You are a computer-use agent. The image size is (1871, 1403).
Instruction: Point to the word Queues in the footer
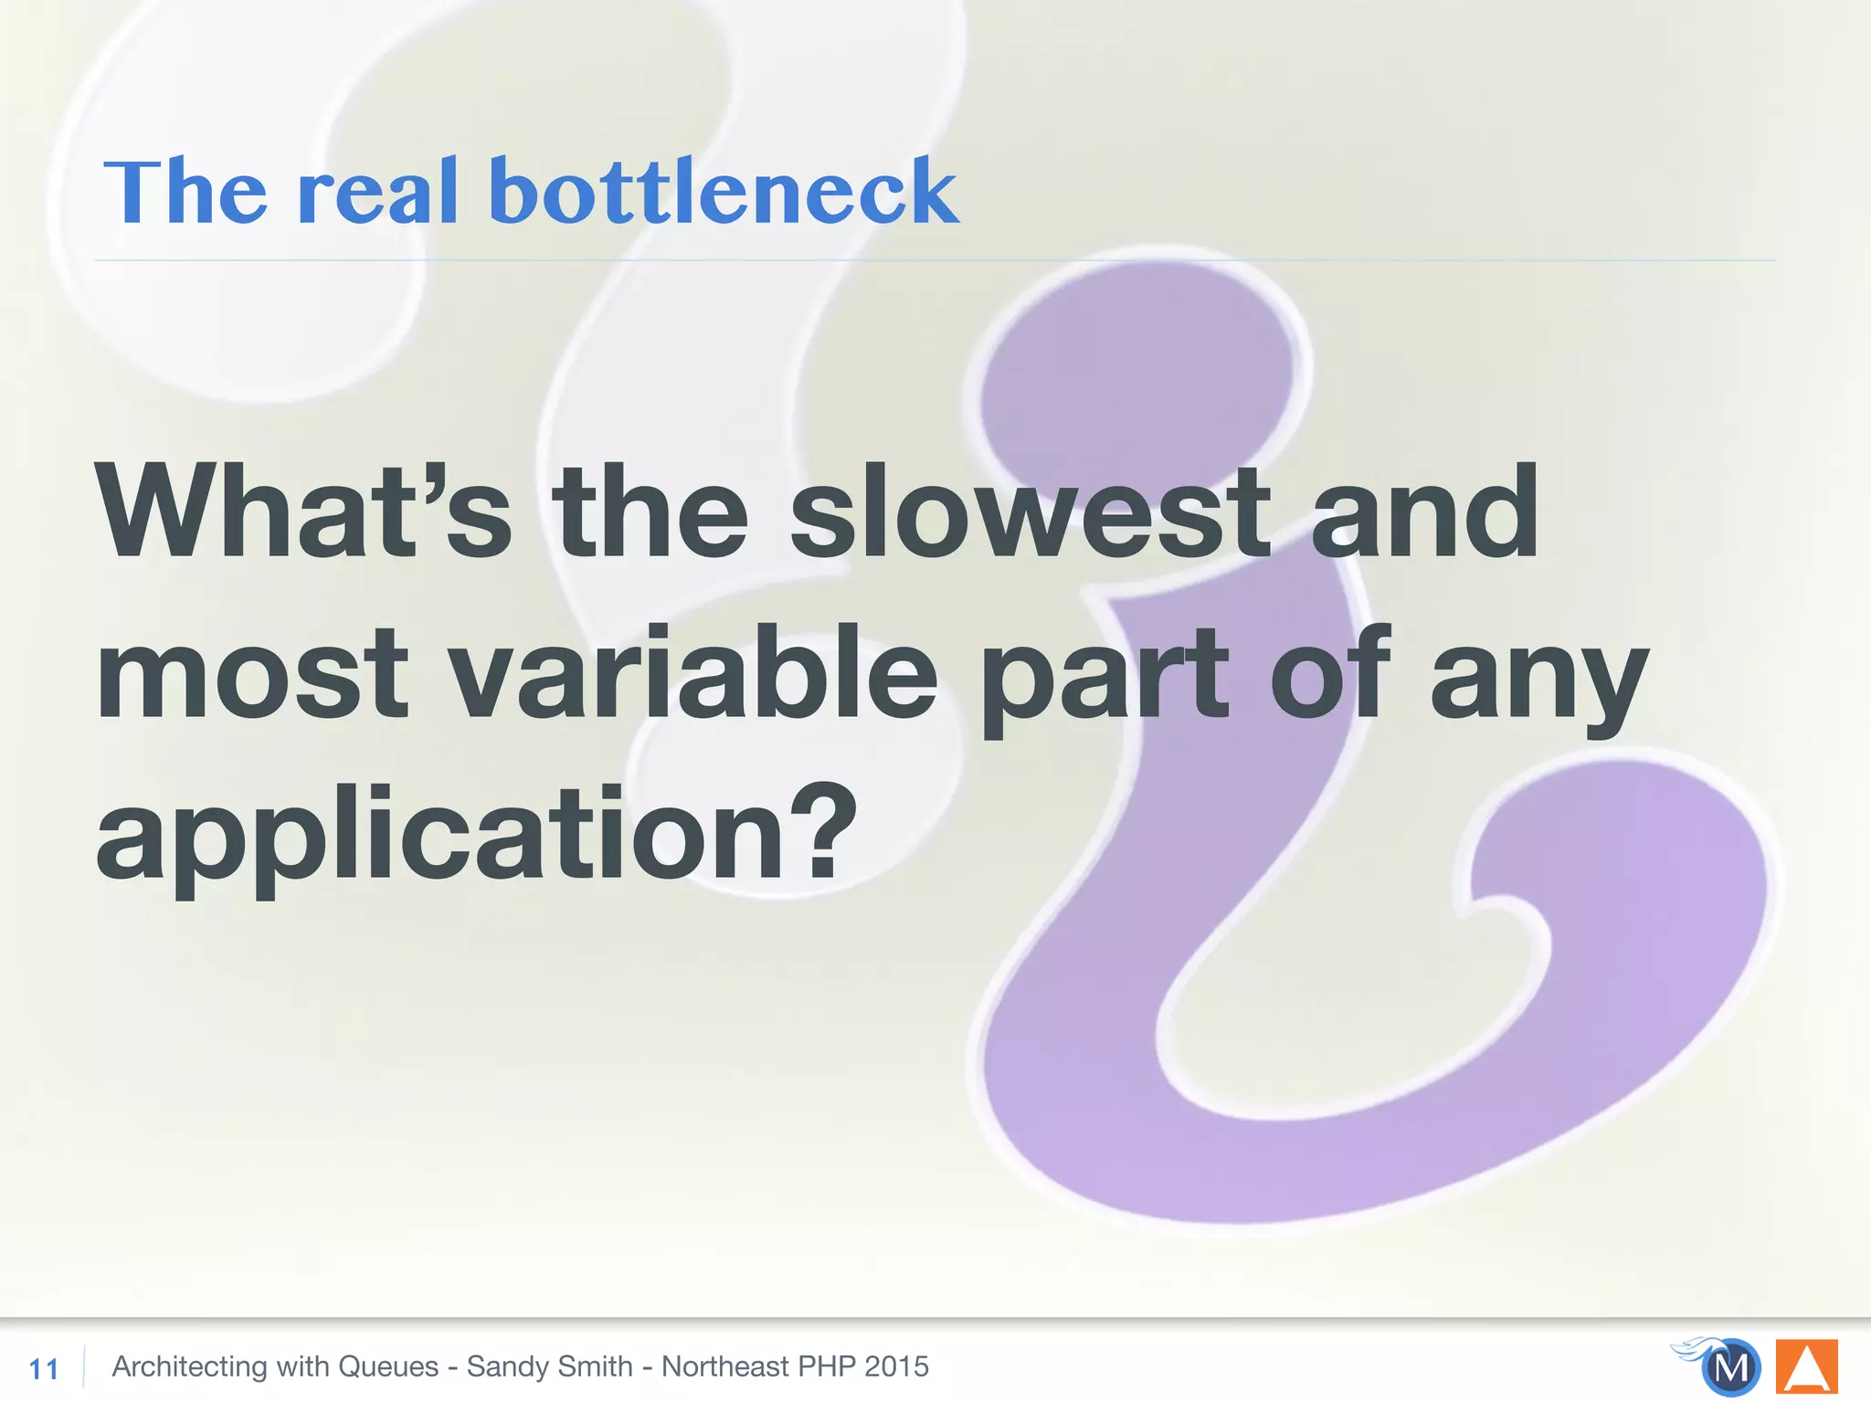[388, 1366]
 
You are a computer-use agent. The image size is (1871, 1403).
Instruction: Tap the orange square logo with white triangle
[1806, 1367]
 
